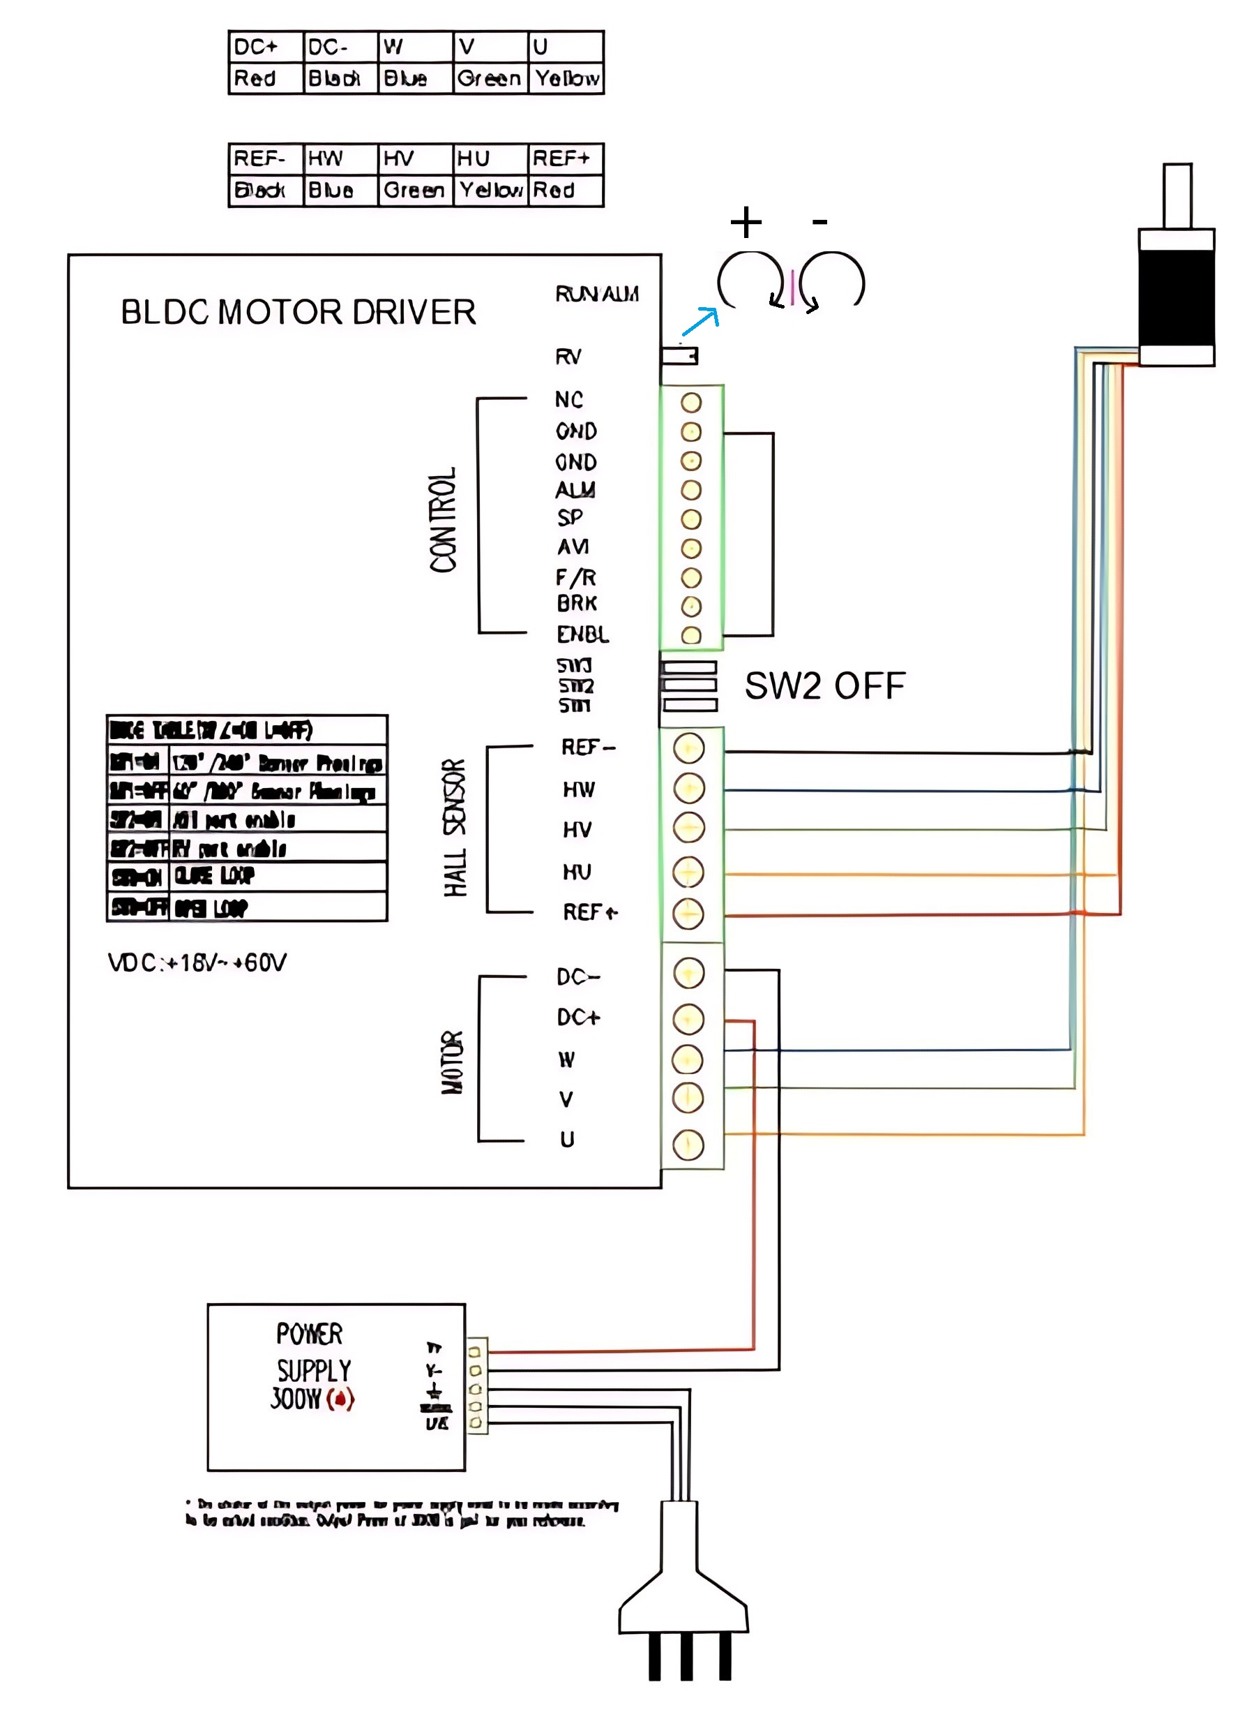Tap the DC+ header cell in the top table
pyautogui.click(x=265, y=47)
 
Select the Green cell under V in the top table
pyautogui.click(x=490, y=78)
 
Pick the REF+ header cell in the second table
pyautogui.click(x=564, y=158)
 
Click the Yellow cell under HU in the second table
pyautogui.click(x=490, y=190)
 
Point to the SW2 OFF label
pyautogui.click(x=825, y=686)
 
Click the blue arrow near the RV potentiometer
pyautogui.click(x=700, y=321)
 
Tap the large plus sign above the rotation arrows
pyautogui.click(x=746, y=222)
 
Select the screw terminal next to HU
pyautogui.click(x=688, y=872)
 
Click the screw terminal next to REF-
pyautogui.click(x=688, y=748)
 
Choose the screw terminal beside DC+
pyautogui.click(x=688, y=1019)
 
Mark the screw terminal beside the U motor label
pyautogui.click(x=688, y=1145)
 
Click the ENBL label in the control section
pyautogui.click(x=582, y=634)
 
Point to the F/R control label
pyautogui.click(x=576, y=578)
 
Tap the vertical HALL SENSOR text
pyautogui.click(x=455, y=828)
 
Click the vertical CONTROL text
pyautogui.click(x=444, y=519)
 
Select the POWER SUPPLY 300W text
pyautogui.click(x=312, y=1367)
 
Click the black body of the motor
pyautogui.click(x=1177, y=297)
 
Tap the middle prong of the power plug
pyautogui.click(x=686, y=1656)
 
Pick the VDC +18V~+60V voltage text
pyautogui.click(x=197, y=963)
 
